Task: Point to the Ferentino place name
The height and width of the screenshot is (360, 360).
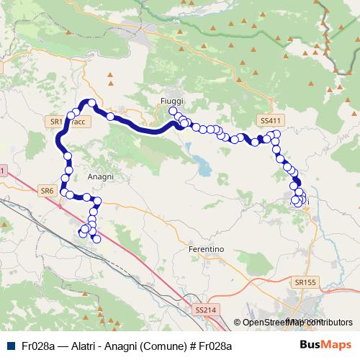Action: (x=205, y=248)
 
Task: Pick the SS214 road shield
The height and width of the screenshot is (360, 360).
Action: (x=205, y=310)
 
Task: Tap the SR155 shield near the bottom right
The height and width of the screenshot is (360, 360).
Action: (x=305, y=283)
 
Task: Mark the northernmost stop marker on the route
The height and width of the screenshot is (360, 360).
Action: (x=91, y=103)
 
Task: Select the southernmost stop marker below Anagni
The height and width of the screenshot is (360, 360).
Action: (x=96, y=238)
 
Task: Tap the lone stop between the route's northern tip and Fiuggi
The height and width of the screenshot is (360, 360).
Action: (x=110, y=117)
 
